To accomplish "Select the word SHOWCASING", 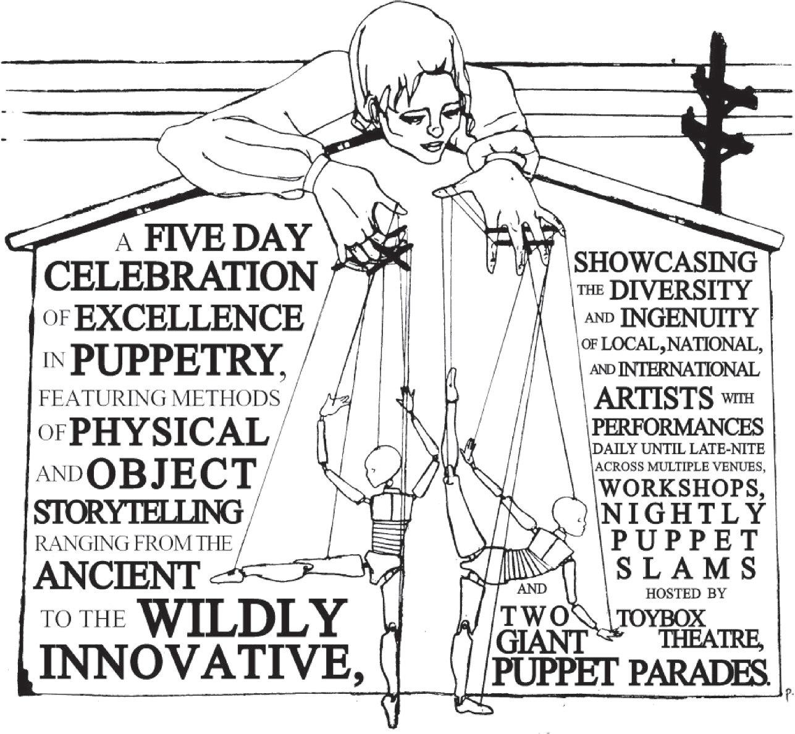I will pyautogui.click(x=665, y=263).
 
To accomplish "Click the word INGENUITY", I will pyautogui.click(x=688, y=318).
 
